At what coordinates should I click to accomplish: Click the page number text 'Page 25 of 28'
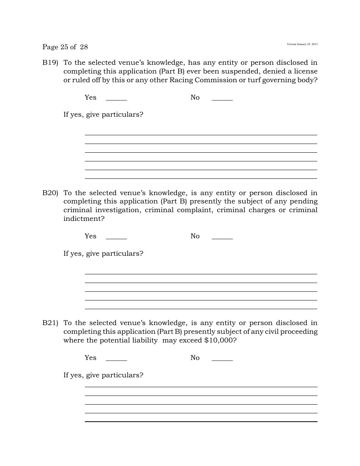65,47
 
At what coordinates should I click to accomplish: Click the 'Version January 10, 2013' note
302,44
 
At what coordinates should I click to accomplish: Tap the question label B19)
50,63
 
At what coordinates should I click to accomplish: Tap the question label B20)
50,193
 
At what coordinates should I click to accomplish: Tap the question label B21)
50,323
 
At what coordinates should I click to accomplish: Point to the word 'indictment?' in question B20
84,219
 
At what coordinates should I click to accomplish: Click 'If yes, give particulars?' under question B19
103,114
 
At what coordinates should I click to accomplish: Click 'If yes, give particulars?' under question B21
103,375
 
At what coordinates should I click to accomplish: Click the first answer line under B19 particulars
201,134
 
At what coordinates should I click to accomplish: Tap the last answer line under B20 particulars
201,309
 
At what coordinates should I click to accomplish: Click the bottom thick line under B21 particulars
201,421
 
